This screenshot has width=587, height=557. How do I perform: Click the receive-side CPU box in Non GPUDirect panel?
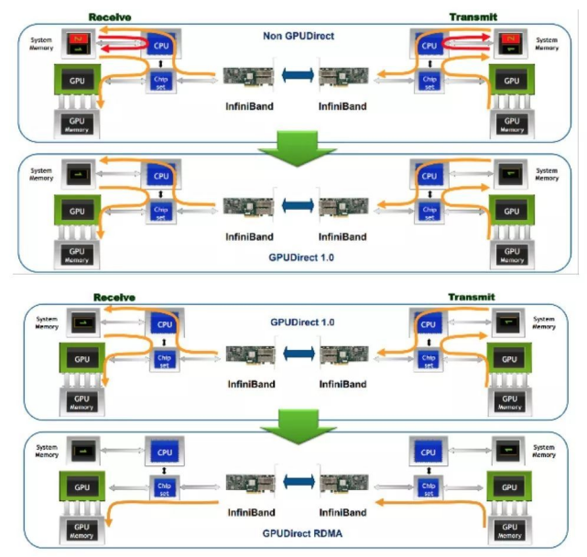[x=161, y=44]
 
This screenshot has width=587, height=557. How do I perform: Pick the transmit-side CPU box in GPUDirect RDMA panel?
[x=426, y=453]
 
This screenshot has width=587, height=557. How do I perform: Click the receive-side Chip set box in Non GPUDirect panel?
[x=161, y=82]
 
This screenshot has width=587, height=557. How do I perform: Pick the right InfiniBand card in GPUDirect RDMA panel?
[x=342, y=483]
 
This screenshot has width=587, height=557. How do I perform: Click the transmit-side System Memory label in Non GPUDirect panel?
[x=547, y=44]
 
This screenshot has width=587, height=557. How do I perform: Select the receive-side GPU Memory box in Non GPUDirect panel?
[x=79, y=125]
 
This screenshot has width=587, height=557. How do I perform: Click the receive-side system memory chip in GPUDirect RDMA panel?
[x=83, y=450]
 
